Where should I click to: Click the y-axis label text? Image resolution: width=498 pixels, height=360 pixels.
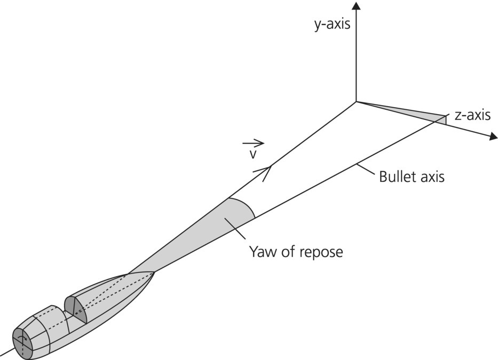coord(332,23)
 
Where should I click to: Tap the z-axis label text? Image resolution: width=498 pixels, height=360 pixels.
coord(472,115)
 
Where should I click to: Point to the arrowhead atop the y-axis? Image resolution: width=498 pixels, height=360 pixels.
coord(356,6)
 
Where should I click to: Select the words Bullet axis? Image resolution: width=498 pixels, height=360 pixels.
coord(411,177)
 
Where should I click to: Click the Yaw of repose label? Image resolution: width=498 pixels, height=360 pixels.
coord(296,251)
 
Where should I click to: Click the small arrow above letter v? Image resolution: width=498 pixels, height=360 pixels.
coord(253,143)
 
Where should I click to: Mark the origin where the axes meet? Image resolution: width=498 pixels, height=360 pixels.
coord(356,101)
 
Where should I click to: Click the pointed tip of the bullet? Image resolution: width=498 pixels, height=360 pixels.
coord(154,273)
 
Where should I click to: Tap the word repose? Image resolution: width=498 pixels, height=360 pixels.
coord(320,251)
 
